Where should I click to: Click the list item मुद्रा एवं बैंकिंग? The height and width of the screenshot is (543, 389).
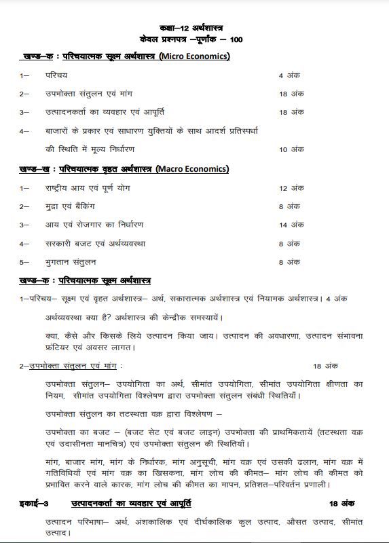click(71, 206)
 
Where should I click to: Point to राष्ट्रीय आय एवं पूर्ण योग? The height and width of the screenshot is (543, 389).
click(84, 187)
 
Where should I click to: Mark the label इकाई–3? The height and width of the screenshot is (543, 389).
click(33, 504)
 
